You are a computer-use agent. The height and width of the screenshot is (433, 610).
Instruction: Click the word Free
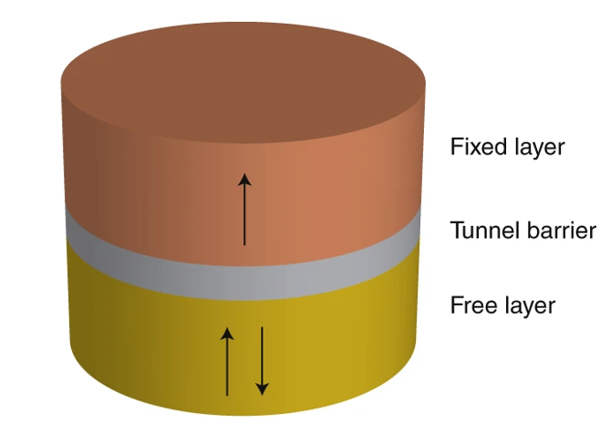[x=470, y=304]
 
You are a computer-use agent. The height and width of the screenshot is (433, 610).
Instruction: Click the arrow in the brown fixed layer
[x=244, y=210]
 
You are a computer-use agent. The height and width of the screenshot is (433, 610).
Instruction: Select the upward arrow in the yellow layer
[x=228, y=360]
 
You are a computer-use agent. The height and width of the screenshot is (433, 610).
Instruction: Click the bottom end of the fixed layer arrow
[x=244, y=245]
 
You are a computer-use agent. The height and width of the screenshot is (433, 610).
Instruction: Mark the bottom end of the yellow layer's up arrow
[x=228, y=395]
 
